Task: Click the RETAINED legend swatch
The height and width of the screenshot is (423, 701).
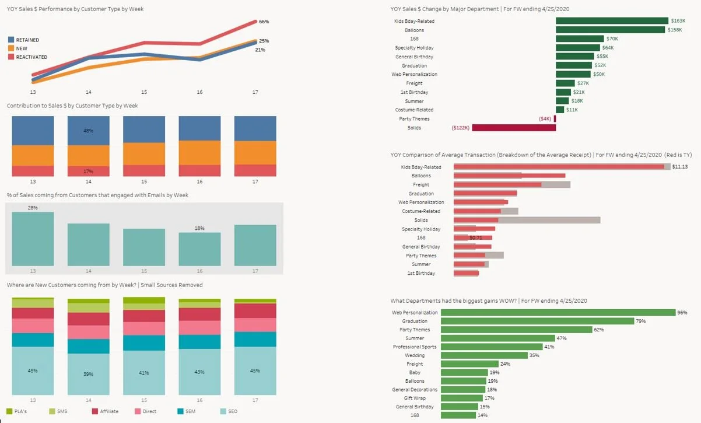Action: pyautogui.click(x=11, y=40)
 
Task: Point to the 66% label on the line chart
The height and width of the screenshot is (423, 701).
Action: pyautogui.click(x=264, y=22)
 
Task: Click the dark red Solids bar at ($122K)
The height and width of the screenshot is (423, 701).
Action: pyautogui.click(x=513, y=128)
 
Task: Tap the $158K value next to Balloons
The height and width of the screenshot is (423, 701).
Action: pyautogui.click(x=675, y=30)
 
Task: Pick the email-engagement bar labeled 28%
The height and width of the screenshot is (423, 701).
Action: pyautogui.click(x=33, y=239)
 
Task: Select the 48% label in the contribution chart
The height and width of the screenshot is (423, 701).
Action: pyautogui.click(x=89, y=131)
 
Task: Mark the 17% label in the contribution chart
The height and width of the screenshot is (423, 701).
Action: pyautogui.click(x=89, y=172)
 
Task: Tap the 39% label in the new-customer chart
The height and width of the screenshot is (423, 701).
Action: pyautogui.click(x=89, y=374)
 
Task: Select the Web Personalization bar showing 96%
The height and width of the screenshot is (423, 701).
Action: pyautogui.click(x=558, y=313)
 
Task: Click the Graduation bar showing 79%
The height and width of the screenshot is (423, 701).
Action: pyautogui.click(x=537, y=321)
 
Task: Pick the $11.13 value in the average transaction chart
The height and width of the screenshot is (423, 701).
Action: pyautogui.click(x=680, y=167)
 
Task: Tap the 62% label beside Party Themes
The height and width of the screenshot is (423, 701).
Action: pyautogui.click(x=599, y=330)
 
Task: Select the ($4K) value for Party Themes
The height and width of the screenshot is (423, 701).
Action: pyautogui.click(x=545, y=119)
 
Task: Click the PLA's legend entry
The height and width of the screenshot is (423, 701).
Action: pyautogui.click(x=20, y=411)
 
